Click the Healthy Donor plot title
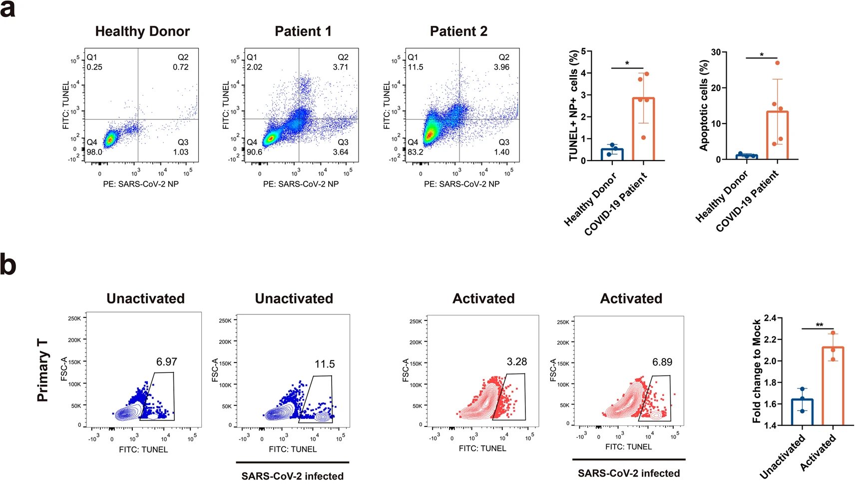click(142, 31)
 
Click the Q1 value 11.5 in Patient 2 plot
click(416, 67)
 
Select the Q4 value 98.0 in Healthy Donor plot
click(94, 152)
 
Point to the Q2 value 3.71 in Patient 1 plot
click(341, 67)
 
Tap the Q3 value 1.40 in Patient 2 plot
click(501, 152)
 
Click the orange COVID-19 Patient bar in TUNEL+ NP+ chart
click(643, 130)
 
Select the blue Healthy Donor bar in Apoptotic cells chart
click(747, 157)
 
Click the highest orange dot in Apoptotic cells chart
click(778, 63)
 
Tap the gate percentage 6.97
click(166, 361)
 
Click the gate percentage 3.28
click(516, 361)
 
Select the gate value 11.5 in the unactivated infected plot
click(325, 364)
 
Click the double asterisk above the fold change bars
click(820, 325)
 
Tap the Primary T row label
click(43, 370)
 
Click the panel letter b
click(8, 265)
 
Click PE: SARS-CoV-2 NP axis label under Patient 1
click(301, 184)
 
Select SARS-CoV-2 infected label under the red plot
click(629, 473)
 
